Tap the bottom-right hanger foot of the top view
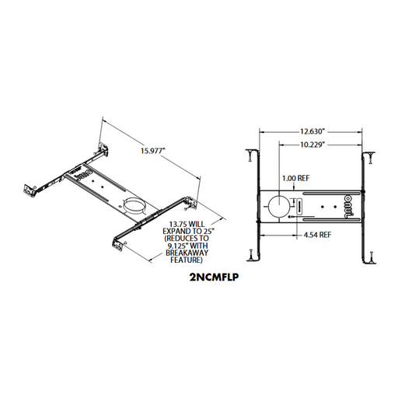[371, 253]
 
